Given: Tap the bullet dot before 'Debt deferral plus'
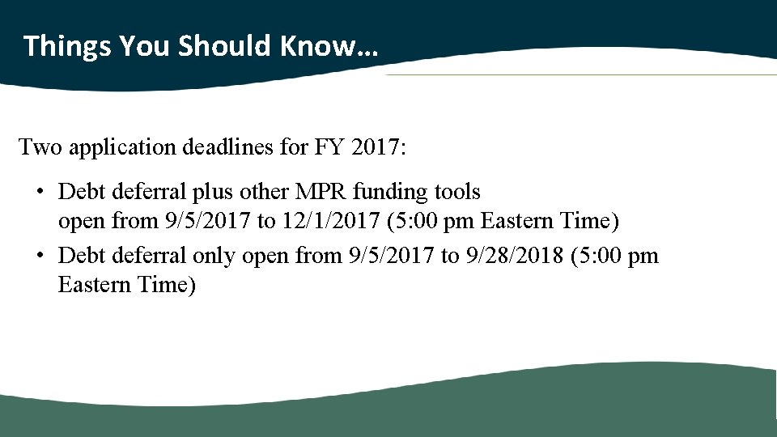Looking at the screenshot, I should tap(40, 193).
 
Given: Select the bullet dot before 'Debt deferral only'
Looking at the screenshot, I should tap(40, 257).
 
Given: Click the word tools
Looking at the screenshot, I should tap(457, 193).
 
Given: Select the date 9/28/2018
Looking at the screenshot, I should tap(514, 257).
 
